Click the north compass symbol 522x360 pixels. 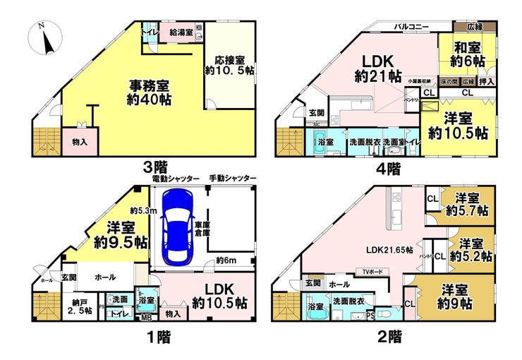pos(44,38)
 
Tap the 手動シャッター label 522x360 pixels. pos(232,179)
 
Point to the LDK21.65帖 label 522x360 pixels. pos(389,251)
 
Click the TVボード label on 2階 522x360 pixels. pos(371,272)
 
